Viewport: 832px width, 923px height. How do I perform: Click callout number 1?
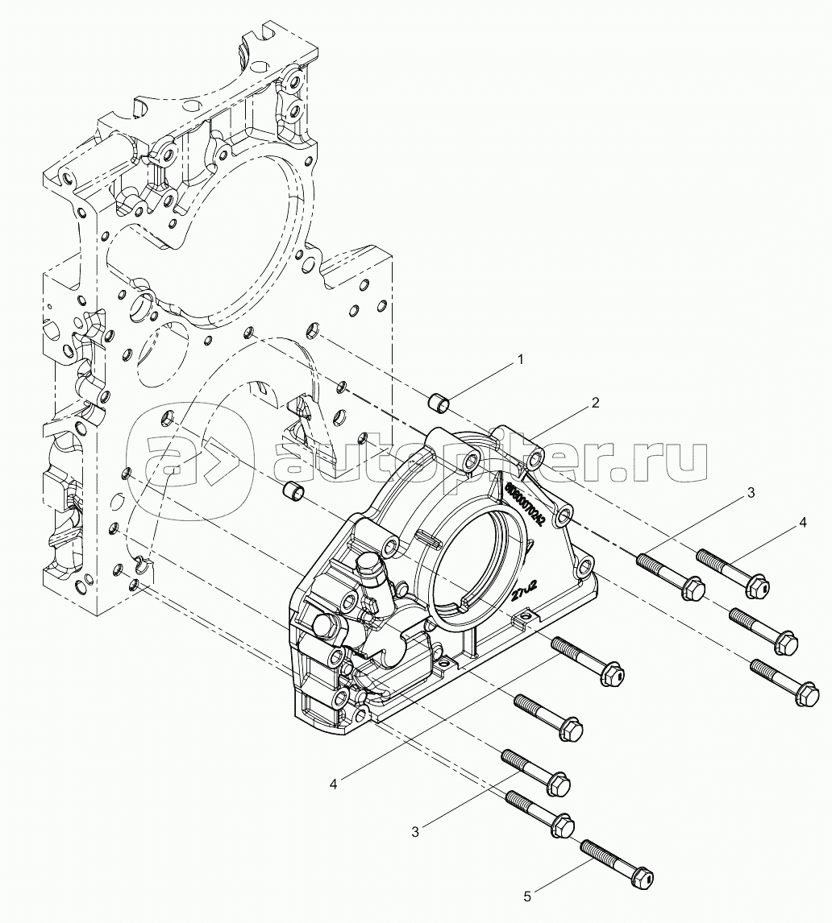coord(521,360)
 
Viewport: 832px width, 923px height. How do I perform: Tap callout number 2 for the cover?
coord(595,404)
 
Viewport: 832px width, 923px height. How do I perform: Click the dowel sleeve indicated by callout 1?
coord(438,399)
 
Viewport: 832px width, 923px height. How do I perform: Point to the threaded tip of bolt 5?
coord(587,846)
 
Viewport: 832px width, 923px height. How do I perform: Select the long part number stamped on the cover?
coord(526,501)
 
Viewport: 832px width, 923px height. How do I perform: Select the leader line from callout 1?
coord(484,379)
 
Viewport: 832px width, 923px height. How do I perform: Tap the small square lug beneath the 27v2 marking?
coord(522,619)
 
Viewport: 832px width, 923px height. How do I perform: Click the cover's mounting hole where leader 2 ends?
coord(535,461)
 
